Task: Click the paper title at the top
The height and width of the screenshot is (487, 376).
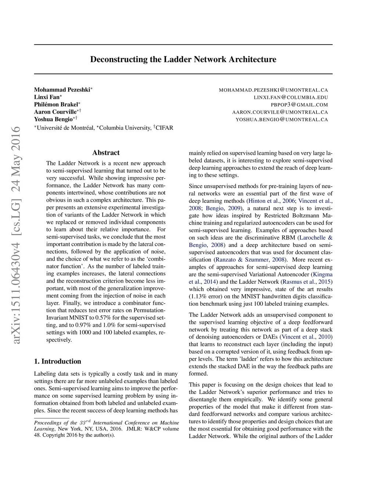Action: click(183, 60)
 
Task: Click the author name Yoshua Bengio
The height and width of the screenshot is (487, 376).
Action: click(53, 119)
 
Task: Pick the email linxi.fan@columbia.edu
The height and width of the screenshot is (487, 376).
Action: click(291, 97)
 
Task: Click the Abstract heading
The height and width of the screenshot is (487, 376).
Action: click(106, 153)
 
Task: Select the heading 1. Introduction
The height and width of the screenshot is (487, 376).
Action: click(58, 361)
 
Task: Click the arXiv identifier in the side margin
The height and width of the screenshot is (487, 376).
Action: click(16, 235)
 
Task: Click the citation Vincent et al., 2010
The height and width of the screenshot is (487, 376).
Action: click(306, 337)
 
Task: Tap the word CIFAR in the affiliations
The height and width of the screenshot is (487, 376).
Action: click(164, 128)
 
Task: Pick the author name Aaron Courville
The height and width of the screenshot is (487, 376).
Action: click(55, 112)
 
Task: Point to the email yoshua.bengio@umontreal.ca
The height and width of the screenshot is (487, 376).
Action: click(282, 119)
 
